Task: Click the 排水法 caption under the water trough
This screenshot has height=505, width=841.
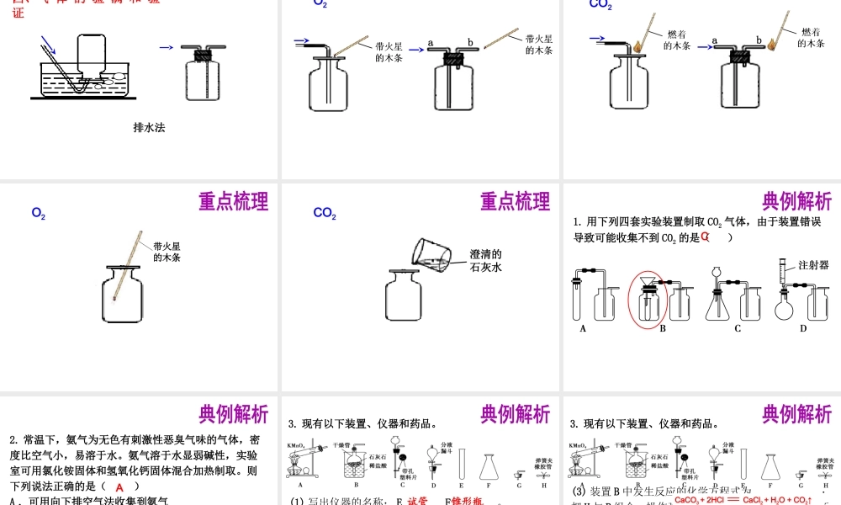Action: point(149,128)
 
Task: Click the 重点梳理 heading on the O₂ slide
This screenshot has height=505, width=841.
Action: point(233,202)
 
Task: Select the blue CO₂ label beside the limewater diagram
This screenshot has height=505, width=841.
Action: point(325,214)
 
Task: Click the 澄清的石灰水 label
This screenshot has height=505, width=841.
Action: point(485,260)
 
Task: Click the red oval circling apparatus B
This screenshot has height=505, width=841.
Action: point(649,298)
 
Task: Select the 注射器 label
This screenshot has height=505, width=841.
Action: point(813,264)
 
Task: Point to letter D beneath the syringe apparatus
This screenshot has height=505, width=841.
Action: point(802,329)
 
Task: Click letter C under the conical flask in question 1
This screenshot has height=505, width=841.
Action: point(738,329)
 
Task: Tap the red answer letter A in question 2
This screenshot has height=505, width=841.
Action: point(119,487)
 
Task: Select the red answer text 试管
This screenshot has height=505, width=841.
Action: point(418,501)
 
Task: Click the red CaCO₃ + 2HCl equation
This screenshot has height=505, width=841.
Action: point(743,499)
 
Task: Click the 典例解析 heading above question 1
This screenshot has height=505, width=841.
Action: point(796,202)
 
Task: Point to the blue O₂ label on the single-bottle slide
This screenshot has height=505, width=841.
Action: point(39,215)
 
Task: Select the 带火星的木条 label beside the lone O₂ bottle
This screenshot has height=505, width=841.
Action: point(167,252)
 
